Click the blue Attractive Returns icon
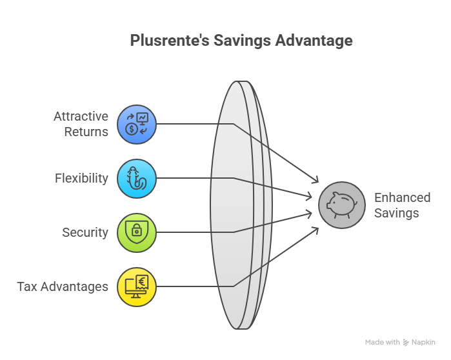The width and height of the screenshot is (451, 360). pyautogui.click(x=137, y=123)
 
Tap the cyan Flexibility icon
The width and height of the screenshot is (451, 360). pyautogui.click(x=137, y=178)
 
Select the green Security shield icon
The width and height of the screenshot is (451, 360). pyautogui.click(x=137, y=232)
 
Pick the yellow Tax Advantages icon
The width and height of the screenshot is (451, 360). pyautogui.click(x=137, y=286)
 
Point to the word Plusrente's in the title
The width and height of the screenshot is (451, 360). pyautogui.click(x=164, y=40)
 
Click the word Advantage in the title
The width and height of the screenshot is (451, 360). pyautogui.click(x=315, y=40)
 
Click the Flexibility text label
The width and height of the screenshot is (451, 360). pyautogui.click(x=81, y=178)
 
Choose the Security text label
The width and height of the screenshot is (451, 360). pyautogui.click(x=85, y=232)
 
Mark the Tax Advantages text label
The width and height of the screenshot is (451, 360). pyautogui.click(x=63, y=286)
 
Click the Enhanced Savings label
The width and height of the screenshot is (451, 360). pyautogui.click(x=402, y=205)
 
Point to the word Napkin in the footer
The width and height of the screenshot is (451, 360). pyautogui.click(x=423, y=343)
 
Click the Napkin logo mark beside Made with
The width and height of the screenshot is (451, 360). pyautogui.click(x=406, y=343)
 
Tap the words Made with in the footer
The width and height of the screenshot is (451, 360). pyautogui.click(x=382, y=343)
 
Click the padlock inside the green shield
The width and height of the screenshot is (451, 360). pyautogui.click(x=137, y=231)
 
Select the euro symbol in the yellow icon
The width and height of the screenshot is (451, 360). pyautogui.click(x=141, y=280)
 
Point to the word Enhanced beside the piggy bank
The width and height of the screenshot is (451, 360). pyautogui.click(x=402, y=198)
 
